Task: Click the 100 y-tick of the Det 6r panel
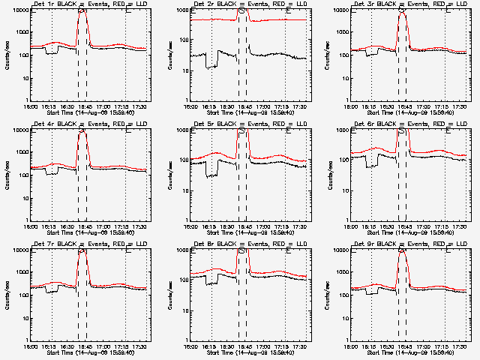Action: pos(342,160)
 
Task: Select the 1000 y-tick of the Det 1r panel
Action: pos(21,33)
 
